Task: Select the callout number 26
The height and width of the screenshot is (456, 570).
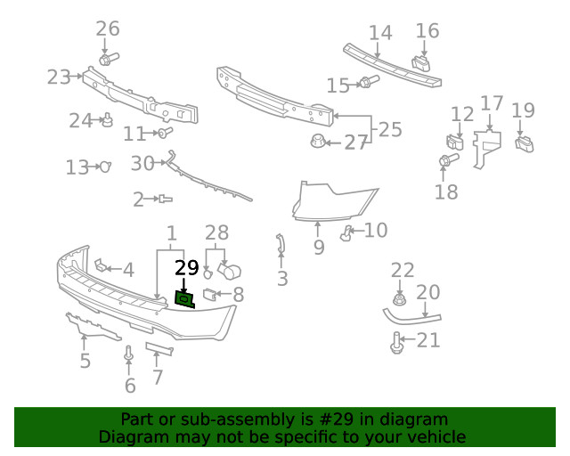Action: click(107, 29)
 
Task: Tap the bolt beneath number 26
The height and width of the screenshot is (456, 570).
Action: click(109, 60)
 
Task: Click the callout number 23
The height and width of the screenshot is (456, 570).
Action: click(58, 77)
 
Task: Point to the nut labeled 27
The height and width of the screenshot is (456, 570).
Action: click(318, 141)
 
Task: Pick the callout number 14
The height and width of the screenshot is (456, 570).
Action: click(380, 33)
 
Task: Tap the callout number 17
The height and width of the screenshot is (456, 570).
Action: click(492, 103)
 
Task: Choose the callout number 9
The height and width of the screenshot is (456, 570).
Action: click(318, 247)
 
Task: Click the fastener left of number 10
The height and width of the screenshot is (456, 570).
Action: click(347, 234)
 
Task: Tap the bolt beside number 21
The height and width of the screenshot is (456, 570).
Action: click(397, 340)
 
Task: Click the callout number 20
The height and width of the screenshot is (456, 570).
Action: click(427, 292)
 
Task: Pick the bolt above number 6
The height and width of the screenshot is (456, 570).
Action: click(129, 355)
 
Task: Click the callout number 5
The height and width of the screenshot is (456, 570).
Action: click(85, 361)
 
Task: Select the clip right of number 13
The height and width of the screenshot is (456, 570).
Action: click(104, 167)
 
